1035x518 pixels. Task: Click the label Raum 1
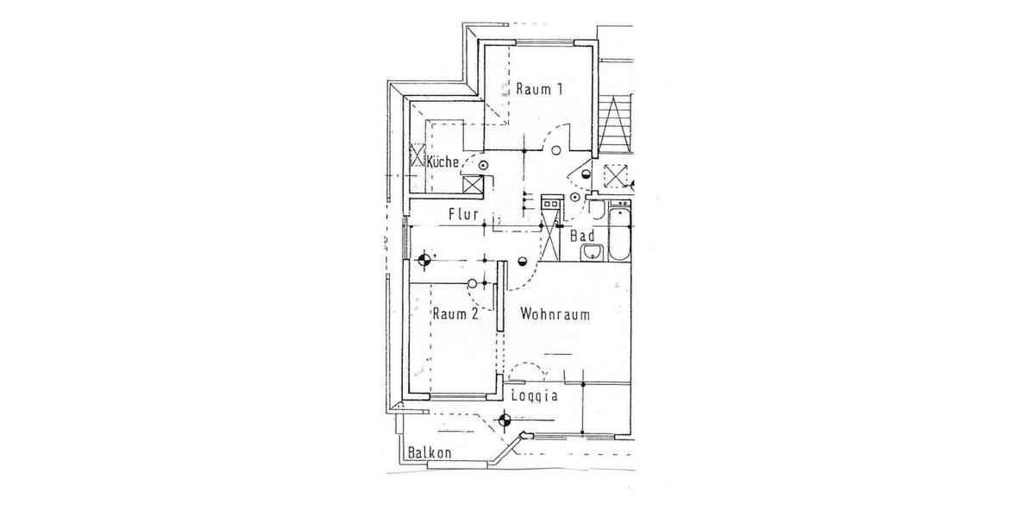click(x=540, y=88)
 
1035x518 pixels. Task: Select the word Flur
click(x=463, y=213)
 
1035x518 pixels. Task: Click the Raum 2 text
click(x=455, y=314)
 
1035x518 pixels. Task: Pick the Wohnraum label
click(x=555, y=314)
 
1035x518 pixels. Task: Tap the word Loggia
click(x=535, y=397)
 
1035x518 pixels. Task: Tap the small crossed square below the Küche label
click(x=473, y=183)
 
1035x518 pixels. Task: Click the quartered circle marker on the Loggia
click(x=505, y=421)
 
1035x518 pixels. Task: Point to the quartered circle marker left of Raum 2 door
click(x=423, y=257)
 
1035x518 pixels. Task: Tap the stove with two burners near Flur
click(x=549, y=202)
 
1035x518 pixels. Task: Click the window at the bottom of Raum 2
click(x=457, y=396)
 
